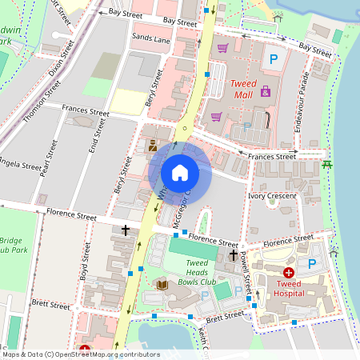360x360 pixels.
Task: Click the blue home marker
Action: [180, 172]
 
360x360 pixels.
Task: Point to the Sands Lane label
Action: [151, 38]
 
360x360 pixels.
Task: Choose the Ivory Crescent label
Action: [272, 195]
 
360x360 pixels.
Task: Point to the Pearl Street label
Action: [50, 156]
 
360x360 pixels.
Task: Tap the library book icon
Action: [162, 284]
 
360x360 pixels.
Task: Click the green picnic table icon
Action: [326, 165]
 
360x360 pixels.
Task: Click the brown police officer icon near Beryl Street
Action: [152, 146]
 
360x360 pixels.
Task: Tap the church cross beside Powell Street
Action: [233, 254]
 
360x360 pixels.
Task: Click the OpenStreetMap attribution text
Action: [80, 354]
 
